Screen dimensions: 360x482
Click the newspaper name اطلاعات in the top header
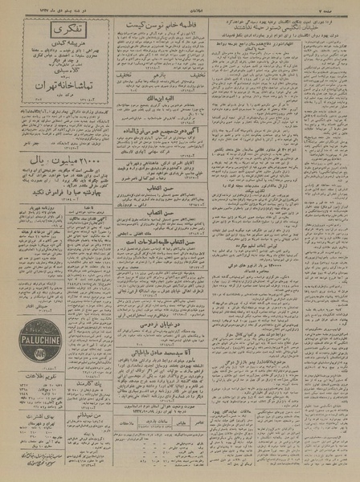(180, 10)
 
